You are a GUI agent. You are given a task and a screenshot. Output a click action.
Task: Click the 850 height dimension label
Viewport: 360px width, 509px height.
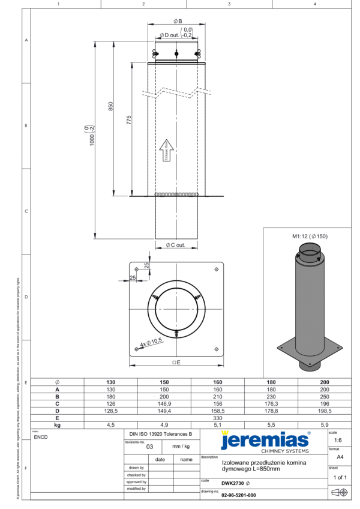(x=110, y=106)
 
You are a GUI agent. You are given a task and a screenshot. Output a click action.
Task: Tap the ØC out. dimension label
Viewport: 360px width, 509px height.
(x=175, y=244)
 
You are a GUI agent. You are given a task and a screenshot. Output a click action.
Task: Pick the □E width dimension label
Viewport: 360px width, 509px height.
(x=176, y=363)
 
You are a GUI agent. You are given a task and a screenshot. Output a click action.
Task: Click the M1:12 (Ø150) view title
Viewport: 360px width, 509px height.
(x=310, y=236)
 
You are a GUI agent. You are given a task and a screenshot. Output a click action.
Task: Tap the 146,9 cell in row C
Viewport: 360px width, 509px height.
(x=164, y=403)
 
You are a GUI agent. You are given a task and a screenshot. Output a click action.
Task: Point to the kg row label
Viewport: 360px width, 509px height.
(x=57, y=424)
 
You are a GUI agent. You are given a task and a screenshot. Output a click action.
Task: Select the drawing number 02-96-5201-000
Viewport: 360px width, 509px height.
(x=238, y=495)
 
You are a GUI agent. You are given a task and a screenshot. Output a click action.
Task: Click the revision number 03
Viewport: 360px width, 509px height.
(x=149, y=447)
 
